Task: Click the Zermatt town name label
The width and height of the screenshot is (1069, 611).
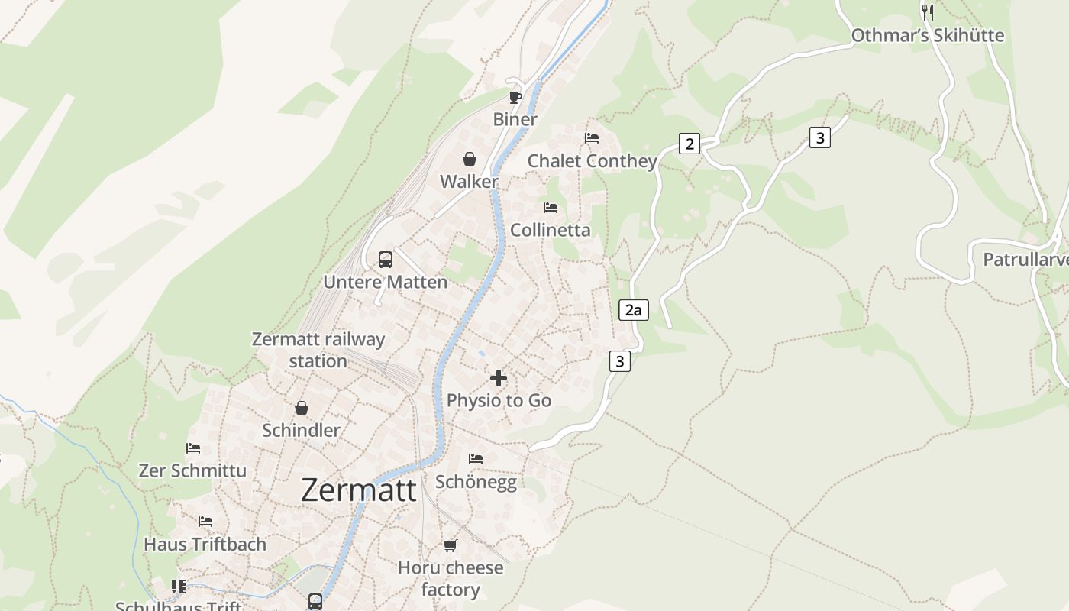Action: [x=359, y=490]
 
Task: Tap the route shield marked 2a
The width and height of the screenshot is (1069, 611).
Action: [x=633, y=309]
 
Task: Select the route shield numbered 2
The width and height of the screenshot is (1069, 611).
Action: [x=690, y=143]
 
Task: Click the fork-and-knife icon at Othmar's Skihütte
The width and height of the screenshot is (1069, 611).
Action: [x=928, y=12]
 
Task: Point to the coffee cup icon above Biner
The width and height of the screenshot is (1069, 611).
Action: [x=515, y=96]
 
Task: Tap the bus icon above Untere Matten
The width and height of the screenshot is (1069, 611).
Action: [x=386, y=260]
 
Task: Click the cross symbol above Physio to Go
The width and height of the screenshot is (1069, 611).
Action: [x=499, y=378]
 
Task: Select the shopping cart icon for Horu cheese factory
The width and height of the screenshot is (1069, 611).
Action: [x=450, y=545]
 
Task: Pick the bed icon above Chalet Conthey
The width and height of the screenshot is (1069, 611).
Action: [x=592, y=138]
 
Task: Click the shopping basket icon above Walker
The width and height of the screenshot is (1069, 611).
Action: [x=469, y=159]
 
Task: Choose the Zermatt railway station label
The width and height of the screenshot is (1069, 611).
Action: [x=318, y=350]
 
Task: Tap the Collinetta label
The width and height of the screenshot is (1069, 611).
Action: [x=550, y=230]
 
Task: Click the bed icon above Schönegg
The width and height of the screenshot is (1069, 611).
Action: [x=476, y=459]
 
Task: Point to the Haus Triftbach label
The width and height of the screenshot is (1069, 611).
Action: [x=205, y=545]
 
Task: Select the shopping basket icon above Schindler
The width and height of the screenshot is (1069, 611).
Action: [x=302, y=408]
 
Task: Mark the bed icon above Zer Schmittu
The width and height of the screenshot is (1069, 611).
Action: [x=193, y=448]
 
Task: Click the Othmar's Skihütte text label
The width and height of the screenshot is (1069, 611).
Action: [x=927, y=35]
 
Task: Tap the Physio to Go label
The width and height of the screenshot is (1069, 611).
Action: [x=499, y=400]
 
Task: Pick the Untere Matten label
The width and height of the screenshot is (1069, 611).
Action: [x=385, y=282]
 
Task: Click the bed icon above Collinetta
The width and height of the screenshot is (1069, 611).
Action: [x=551, y=208]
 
